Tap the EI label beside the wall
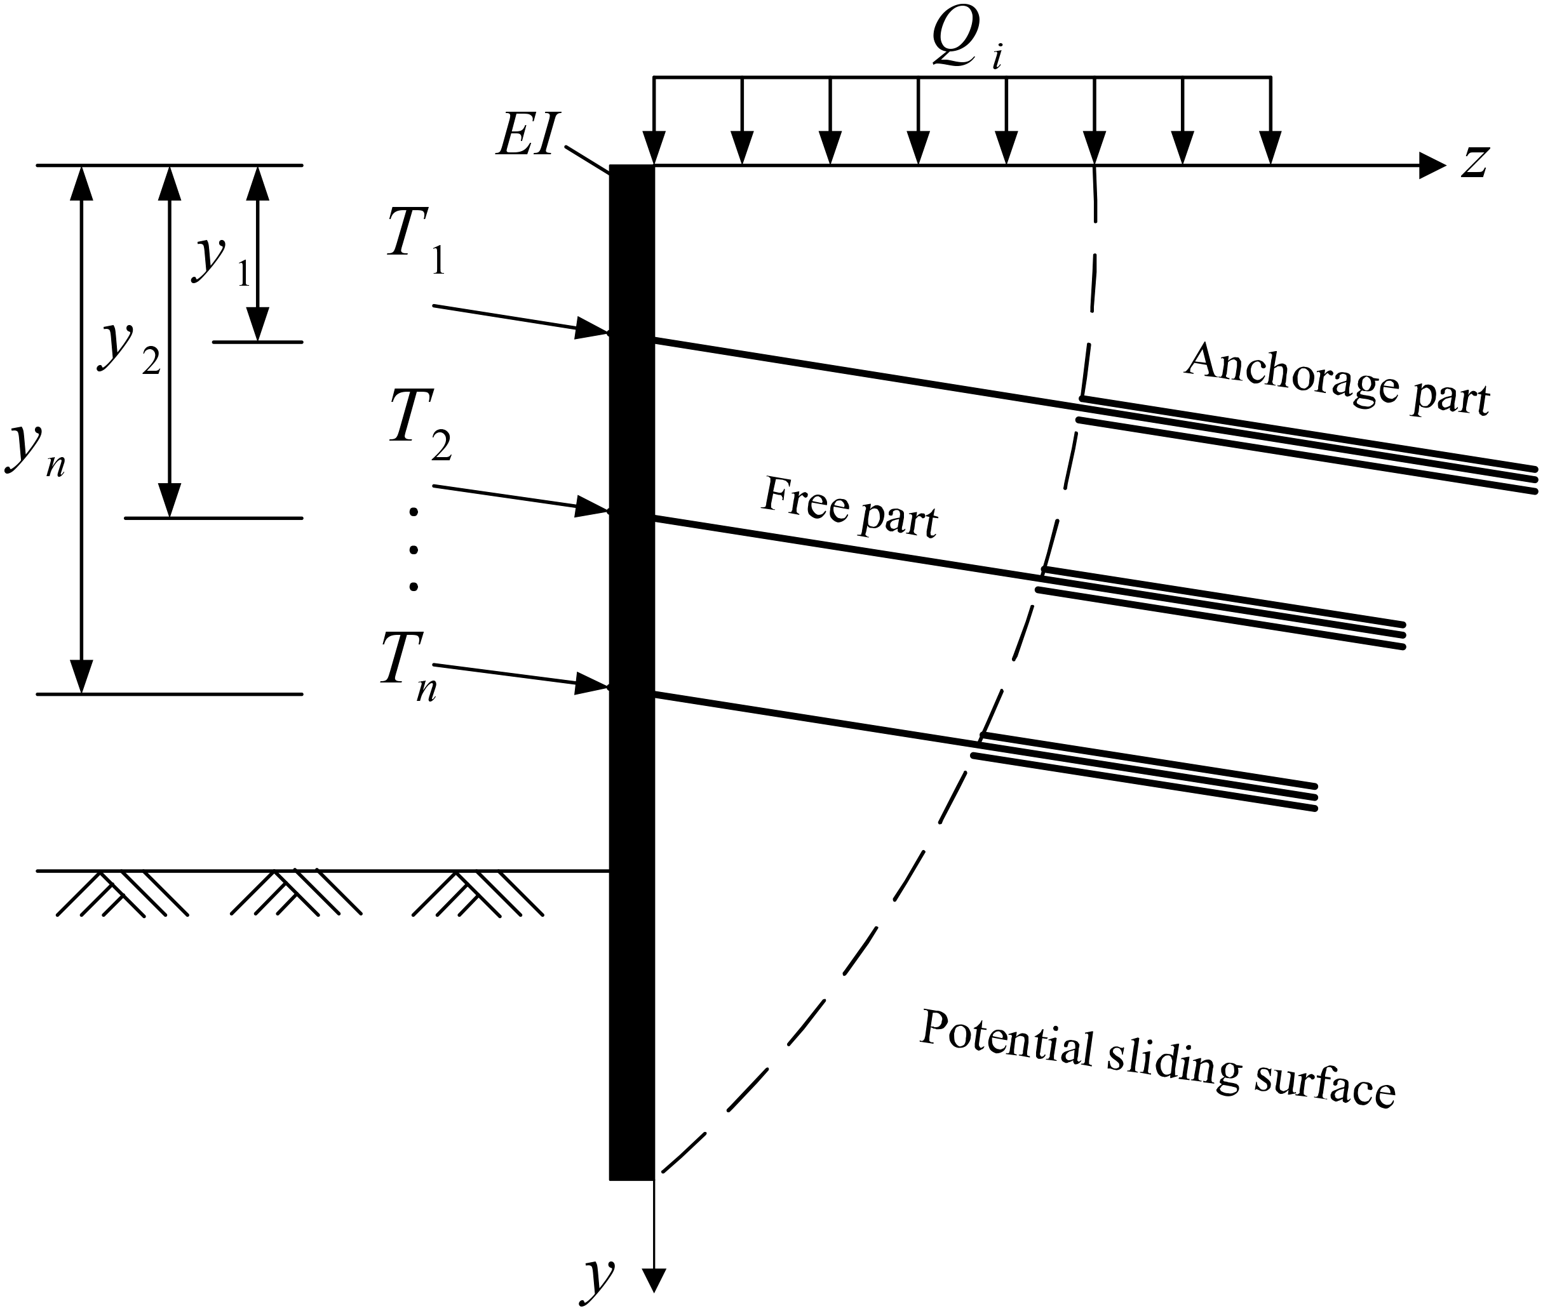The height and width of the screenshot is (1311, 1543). click(525, 138)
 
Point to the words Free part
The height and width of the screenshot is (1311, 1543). click(849, 509)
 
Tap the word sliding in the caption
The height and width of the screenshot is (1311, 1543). click(1173, 1065)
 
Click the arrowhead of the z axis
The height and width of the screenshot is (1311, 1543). click(1431, 165)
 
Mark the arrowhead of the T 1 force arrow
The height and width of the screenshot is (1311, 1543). click(592, 328)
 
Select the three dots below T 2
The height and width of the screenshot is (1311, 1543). click(414, 549)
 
